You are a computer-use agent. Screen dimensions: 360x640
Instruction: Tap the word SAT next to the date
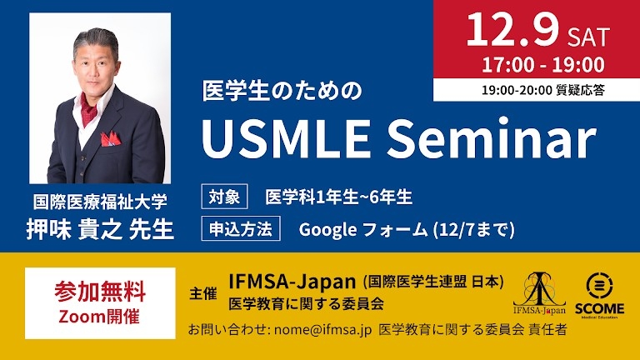588,36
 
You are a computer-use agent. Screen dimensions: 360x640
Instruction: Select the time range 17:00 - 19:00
542,64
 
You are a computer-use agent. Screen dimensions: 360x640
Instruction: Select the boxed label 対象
225,197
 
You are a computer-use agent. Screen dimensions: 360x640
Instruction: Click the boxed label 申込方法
241,227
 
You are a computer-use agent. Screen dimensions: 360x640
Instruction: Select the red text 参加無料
100,292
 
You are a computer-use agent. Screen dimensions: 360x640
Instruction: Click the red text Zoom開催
100,315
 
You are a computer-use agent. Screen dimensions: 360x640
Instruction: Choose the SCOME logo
600,292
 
